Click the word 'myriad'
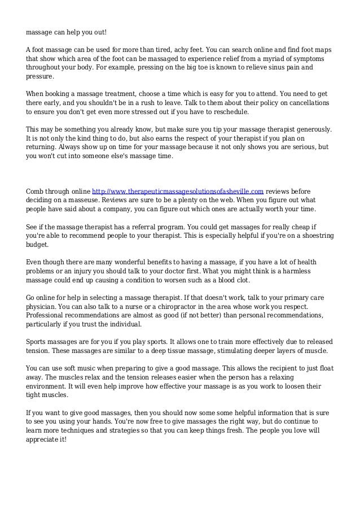pos(274,58)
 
